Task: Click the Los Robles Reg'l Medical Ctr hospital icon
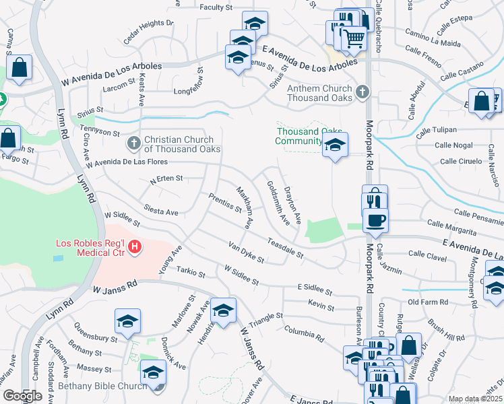pyautogui.click(x=135, y=248)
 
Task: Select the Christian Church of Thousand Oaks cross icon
pyautogui.click(x=133, y=143)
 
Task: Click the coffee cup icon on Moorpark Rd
pyautogui.click(x=375, y=220)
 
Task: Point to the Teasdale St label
pyautogui.click(x=285, y=248)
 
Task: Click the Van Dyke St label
pyautogui.click(x=246, y=252)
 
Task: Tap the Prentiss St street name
pyautogui.click(x=225, y=202)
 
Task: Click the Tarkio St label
pyautogui.click(x=191, y=272)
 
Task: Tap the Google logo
pyautogui.click(x=22, y=396)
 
